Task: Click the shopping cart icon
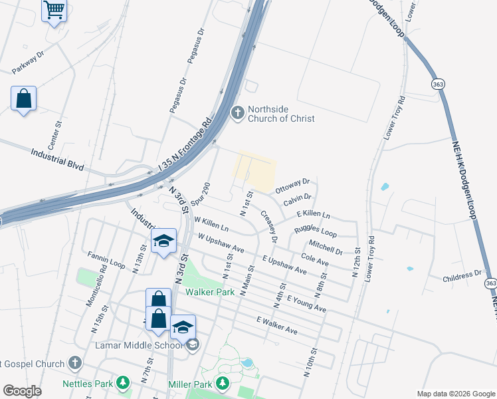click(x=54, y=11)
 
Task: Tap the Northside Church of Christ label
click(x=280, y=114)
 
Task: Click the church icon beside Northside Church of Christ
click(x=237, y=114)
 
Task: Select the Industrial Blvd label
click(x=57, y=160)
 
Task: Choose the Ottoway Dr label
click(x=292, y=183)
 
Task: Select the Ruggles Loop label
click(x=315, y=230)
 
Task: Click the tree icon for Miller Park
click(x=224, y=384)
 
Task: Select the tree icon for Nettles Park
click(x=122, y=383)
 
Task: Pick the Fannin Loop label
click(x=106, y=259)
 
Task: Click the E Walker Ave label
click(x=276, y=325)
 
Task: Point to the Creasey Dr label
click(x=268, y=226)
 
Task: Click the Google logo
click(x=22, y=391)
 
